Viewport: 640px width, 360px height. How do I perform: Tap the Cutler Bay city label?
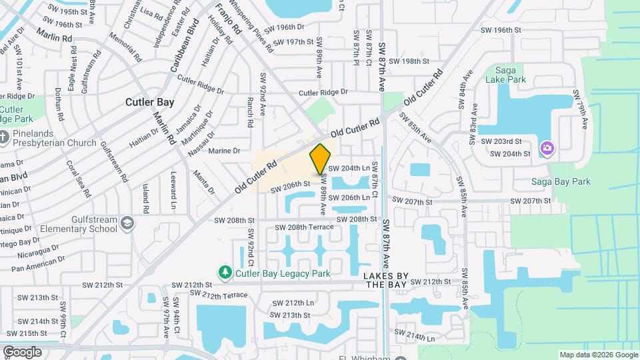(150, 103)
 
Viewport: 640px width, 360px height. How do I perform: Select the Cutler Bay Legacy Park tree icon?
(225, 272)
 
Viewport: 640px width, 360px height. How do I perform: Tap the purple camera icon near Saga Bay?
(547, 147)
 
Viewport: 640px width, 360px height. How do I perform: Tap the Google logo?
(22, 351)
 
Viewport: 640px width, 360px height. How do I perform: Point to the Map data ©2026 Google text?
(597, 355)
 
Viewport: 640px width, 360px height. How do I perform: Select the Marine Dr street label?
(223, 151)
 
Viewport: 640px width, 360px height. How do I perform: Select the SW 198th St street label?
(409, 61)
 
